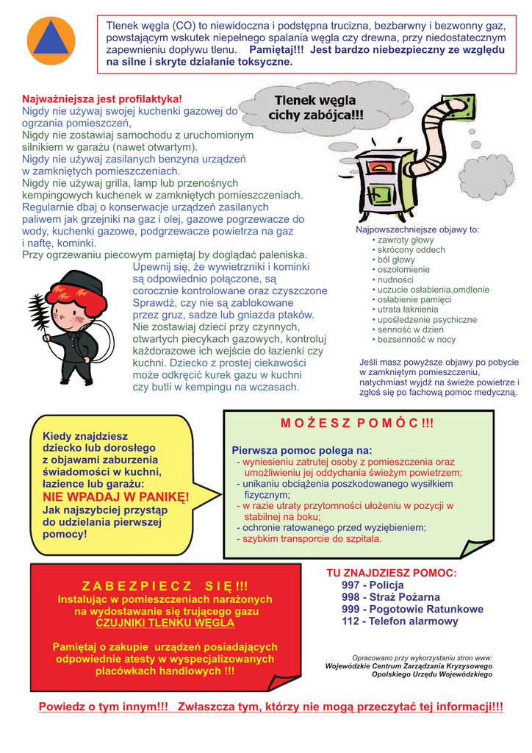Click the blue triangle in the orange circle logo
tap(51, 42)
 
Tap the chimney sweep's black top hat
tap(80, 282)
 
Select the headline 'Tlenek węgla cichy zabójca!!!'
tap(316, 108)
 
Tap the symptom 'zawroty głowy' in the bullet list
tap(405, 240)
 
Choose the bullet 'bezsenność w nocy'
tap(416, 340)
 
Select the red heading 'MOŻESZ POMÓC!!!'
tap(357, 424)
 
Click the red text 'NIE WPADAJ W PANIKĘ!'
tap(115, 497)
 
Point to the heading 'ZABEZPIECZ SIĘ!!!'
tap(165, 586)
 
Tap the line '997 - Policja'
tap(367, 585)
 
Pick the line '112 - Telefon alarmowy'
tap(400, 621)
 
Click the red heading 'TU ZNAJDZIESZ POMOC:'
tap(391, 573)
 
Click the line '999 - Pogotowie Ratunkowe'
tap(412, 610)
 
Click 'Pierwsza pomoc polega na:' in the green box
tap(302, 450)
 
